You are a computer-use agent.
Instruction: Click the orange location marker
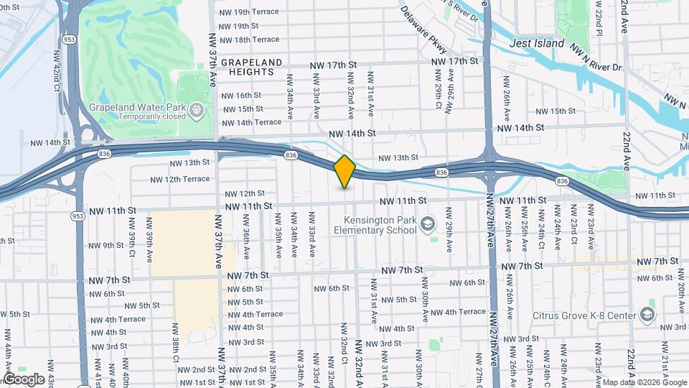pyautogui.click(x=344, y=171)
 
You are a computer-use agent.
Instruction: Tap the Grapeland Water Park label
pyautogui.click(x=137, y=108)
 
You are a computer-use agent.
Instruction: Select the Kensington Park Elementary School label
pyautogui.click(x=375, y=225)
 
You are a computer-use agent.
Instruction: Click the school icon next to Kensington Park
pyautogui.click(x=428, y=226)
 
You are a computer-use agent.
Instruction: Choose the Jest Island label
pyautogui.click(x=537, y=43)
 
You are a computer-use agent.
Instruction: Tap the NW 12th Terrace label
pyautogui.click(x=179, y=179)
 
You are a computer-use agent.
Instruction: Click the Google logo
pyautogui.click(x=23, y=379)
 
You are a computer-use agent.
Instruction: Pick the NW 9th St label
pyautogui.click(x=106, y=245)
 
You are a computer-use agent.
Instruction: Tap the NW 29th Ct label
pyautogui.click(x=438, y=94)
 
